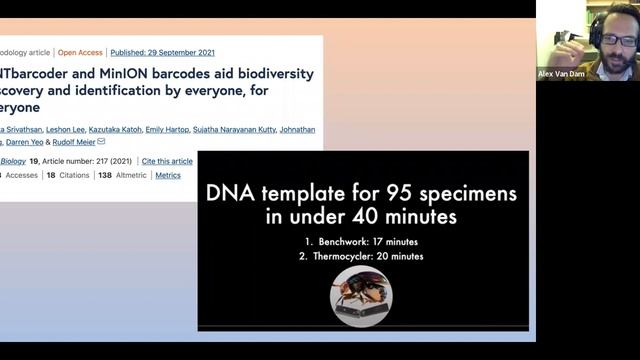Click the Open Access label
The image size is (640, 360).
(x=79, y=52)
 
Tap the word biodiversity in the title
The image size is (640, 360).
(x=272, y=74)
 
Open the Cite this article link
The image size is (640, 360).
(x=167, y=161)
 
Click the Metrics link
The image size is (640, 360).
(x=168, y=175)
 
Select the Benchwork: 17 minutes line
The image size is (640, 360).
(x=364, y=242)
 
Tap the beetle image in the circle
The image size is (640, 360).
(x=362, y=296)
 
